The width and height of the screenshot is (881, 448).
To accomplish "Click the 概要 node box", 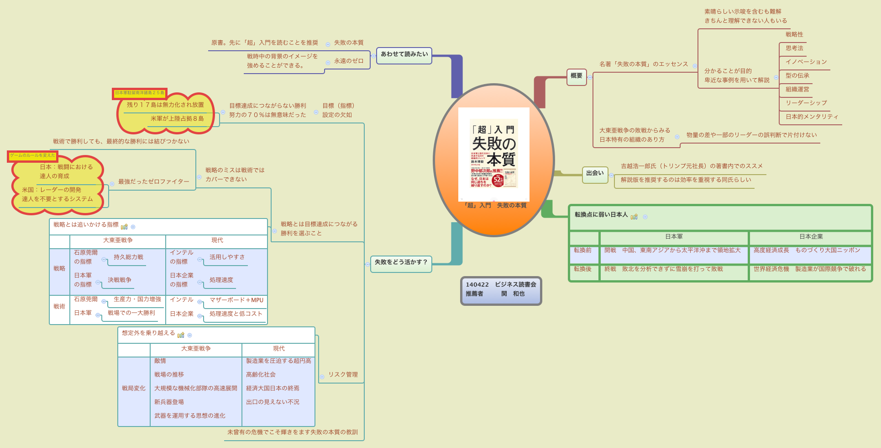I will point(576,76).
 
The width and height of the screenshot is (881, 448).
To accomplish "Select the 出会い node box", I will point(594,174).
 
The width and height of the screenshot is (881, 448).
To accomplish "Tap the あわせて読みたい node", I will point(404,54).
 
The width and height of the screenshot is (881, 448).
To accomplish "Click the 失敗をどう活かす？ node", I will point(401,262).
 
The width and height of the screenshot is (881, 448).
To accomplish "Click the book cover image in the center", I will point(493,154).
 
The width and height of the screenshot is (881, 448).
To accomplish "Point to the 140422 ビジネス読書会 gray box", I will point(501,289).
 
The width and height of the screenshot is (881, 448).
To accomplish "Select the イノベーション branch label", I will point(806,62).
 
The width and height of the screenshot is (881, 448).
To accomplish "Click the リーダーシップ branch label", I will point(806,103).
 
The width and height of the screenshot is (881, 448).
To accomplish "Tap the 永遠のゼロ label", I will point(349,61).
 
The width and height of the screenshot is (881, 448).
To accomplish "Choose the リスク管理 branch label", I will point(343,374).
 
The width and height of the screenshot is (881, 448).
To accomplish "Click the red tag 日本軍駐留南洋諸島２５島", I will point(140,93).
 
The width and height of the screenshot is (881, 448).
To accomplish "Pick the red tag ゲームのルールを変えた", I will point(32,156).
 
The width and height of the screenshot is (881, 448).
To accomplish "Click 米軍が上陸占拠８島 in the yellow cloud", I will point(177,118).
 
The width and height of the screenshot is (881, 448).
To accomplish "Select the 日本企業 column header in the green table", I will point(811,237).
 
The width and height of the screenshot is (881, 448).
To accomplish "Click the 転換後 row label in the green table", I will point(582,269).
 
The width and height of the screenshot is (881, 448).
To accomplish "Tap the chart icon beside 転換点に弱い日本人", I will point(634,216).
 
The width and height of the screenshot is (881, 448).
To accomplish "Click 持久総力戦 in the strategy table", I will point(128,257).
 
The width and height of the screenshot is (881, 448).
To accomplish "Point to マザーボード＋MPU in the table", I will point(236,300).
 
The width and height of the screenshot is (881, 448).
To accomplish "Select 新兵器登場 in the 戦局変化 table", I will point(169,402).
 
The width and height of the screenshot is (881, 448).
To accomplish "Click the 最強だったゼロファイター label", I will point(153,181).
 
